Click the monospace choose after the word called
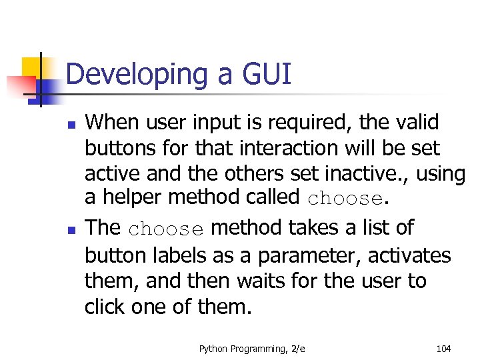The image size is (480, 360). tap(345, 199)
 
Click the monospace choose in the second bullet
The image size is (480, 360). tap(165, 229)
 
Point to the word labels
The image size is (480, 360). tap(172, 255)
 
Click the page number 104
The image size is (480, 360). tap(443, 347)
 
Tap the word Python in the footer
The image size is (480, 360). tap(213, 347)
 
